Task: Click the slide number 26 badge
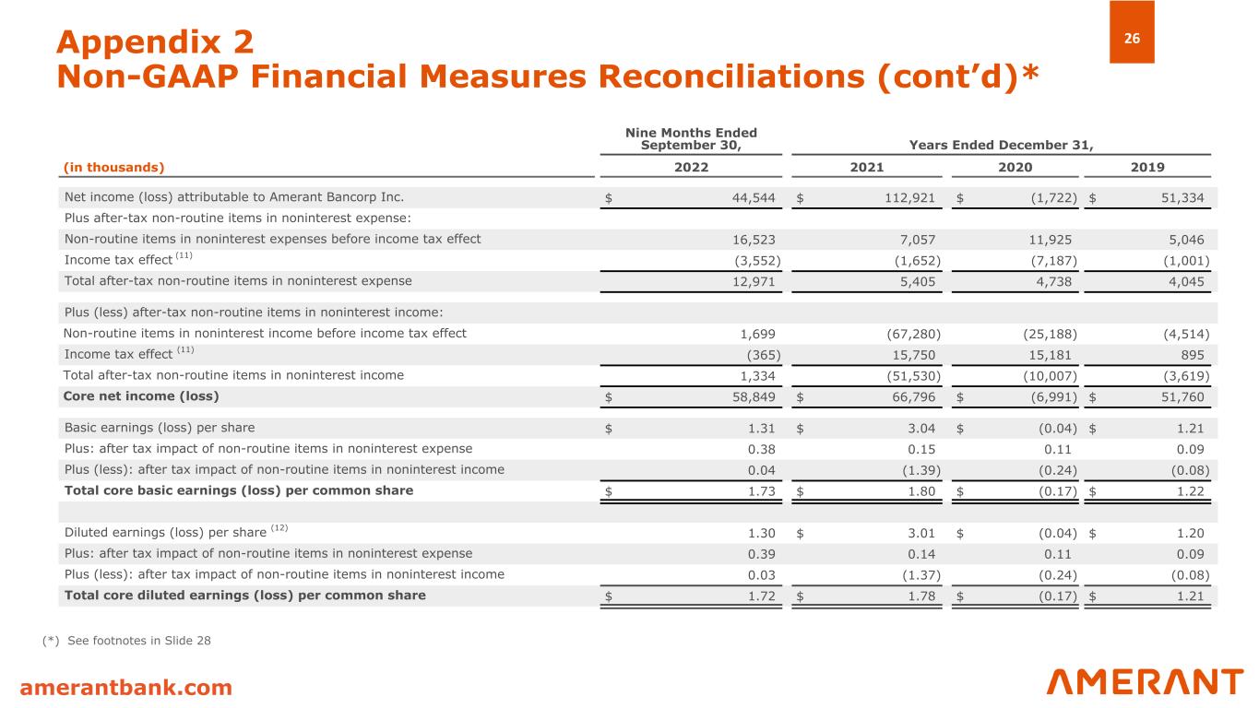coord(1131,38)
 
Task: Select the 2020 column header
coord(1016,167)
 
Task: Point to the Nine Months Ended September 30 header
coord(691,140)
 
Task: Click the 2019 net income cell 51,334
coord(1184,197)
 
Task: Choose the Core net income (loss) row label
coord(141,396)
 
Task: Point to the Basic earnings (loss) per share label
coord(160,428)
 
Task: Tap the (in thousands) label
coord(113,167)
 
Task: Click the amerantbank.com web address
coord(127,687)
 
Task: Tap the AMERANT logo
coord(1145,682)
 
